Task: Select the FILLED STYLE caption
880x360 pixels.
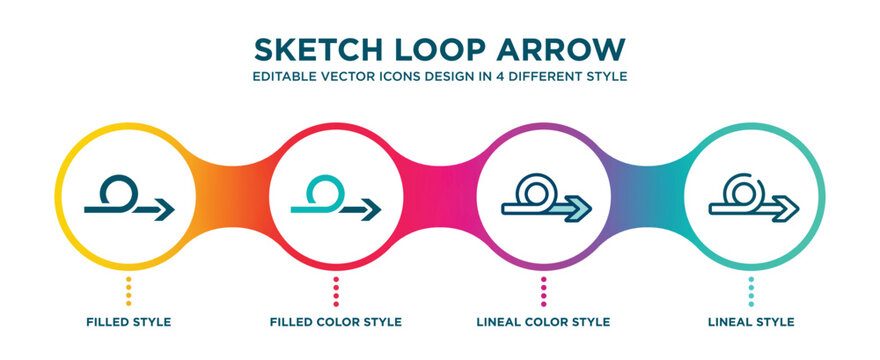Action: (128, 322)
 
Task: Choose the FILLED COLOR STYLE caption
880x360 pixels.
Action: (336, 322)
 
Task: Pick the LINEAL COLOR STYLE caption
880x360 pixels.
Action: (544, 322)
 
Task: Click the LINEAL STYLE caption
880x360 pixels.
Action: (752, 322)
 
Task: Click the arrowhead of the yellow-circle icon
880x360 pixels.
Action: (165, 209)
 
